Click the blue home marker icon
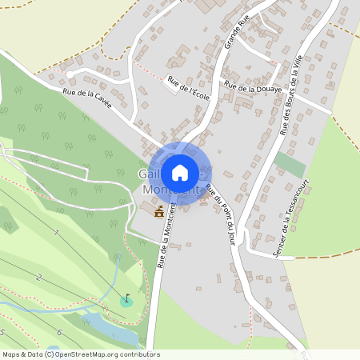tap(180, 172)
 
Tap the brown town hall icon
tap(158, 212)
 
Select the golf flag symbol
tap(126, 299)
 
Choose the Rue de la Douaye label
tap(254, 87)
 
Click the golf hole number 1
tap(56, 233)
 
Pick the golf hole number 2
tap(38, 278)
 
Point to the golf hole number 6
tap(58, 332)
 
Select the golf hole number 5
tap(3, 332)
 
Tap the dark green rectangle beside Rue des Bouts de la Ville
tap(289, 164)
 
